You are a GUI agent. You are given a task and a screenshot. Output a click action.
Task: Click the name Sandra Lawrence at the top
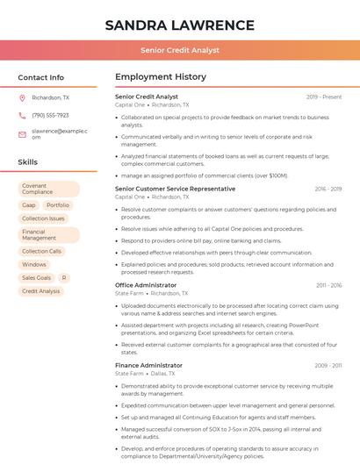(179, 25)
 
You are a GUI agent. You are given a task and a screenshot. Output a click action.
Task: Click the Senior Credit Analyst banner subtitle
(179, 50)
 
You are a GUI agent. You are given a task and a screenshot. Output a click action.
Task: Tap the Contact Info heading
(41, 77)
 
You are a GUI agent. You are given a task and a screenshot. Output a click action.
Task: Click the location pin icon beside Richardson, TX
(23, 98)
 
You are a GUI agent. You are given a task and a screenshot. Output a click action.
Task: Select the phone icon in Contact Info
(23, 115)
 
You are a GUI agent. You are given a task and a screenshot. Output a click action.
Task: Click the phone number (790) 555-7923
(50, 115)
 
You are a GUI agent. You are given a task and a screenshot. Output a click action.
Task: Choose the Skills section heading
(28, 162)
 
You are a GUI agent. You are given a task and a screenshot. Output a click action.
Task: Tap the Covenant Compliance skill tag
(48, 190)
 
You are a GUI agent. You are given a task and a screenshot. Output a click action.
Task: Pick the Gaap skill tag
(29, 205)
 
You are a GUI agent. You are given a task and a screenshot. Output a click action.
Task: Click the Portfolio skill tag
(58, 205)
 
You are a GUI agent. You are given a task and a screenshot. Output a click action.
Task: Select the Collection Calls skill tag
(42, 251)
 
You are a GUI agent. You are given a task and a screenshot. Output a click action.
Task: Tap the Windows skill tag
(34, 264)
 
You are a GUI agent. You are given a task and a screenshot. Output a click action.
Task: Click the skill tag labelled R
(64, 277)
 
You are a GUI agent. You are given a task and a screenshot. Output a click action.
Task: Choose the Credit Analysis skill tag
(41, 291)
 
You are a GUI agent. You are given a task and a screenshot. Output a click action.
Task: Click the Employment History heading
(161, 77)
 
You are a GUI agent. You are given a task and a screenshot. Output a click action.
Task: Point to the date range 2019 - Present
(324, 97)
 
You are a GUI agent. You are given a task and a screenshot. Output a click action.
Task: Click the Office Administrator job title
(146, 285)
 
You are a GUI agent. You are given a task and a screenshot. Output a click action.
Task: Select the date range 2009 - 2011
(328, 365)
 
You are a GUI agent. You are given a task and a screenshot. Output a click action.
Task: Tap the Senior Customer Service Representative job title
(175, 189)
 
